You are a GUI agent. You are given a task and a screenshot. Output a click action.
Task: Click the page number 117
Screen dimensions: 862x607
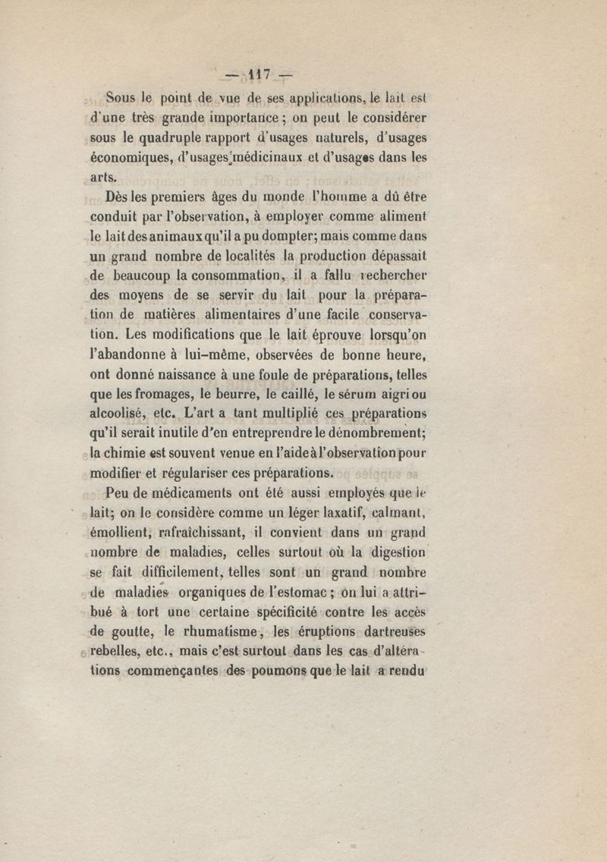tap(259, 75)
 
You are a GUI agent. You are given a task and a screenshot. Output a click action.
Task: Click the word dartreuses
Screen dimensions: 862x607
tap(387, 631)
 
